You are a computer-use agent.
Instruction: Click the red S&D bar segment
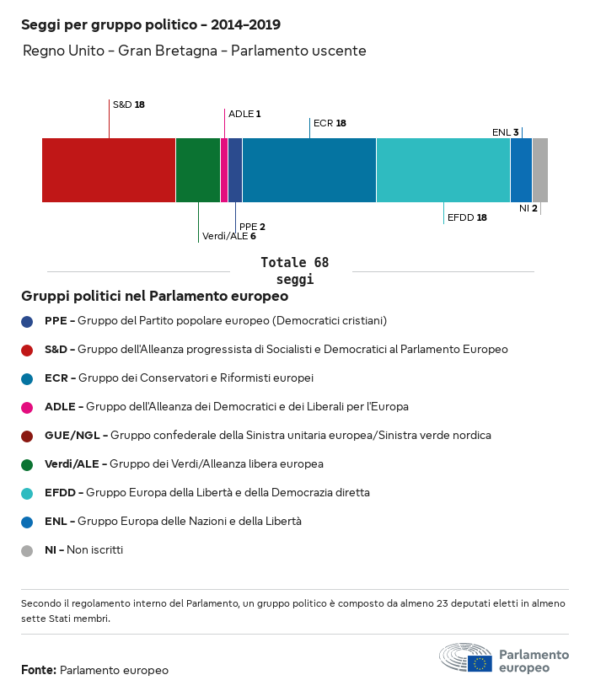(109, 170)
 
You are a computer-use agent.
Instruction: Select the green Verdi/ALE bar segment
(198, 170)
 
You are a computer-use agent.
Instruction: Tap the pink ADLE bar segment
(224, 170)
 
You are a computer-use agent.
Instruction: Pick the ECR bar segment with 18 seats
(309, 170)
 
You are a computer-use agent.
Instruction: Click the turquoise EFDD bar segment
(443, 170)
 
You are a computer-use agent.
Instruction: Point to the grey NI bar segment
(540, 170)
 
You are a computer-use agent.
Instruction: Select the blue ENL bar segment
(522, 170)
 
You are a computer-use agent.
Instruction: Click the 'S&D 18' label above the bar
(129, 104)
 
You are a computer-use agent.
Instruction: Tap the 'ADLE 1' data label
(244, 114)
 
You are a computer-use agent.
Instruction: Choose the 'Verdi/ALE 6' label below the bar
(229, 236)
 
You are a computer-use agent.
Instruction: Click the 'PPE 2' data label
(252, 227)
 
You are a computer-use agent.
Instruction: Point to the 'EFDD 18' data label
(467, 217)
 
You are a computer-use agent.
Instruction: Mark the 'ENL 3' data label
(506, 132)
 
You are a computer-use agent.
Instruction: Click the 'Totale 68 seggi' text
(294, 271)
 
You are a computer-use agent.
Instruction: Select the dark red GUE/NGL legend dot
(27, 436)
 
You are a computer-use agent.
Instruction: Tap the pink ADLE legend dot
(27, 407)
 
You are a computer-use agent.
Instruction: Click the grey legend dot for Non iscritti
(27, 550)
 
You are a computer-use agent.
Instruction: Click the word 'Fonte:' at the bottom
(39, 670)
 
